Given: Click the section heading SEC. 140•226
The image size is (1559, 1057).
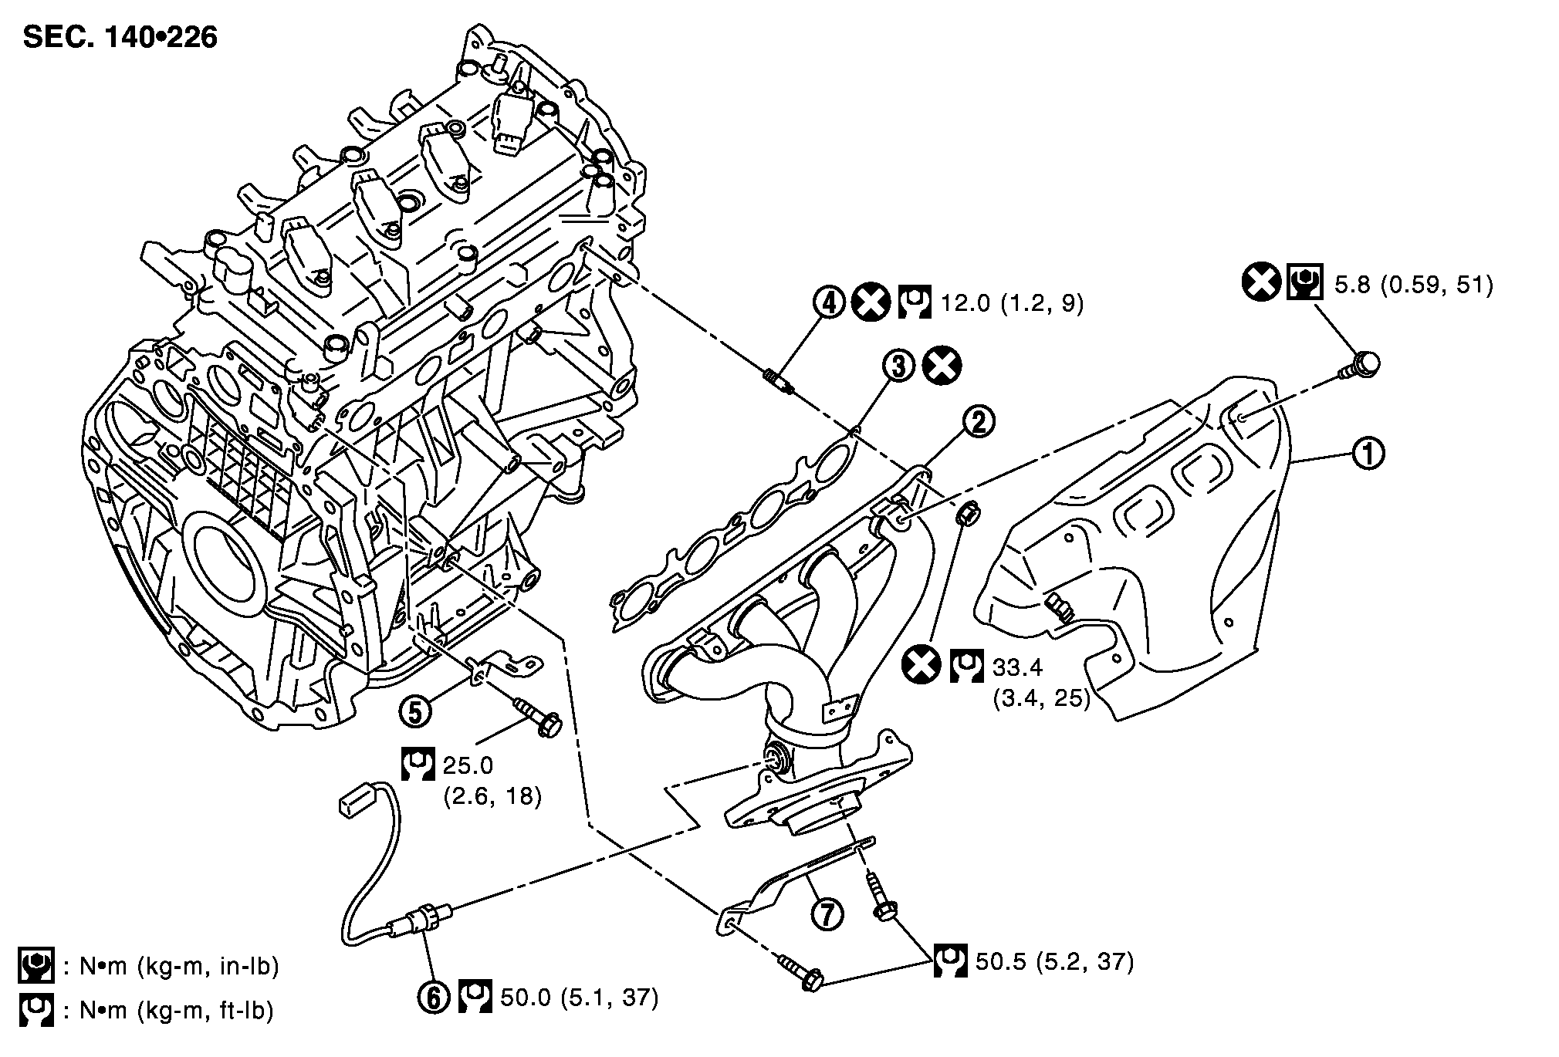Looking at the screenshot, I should click(x=120, y=36).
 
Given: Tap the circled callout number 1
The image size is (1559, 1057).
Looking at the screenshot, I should click(x=1369, y=454).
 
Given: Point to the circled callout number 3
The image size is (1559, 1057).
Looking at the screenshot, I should click(x=899, y=366).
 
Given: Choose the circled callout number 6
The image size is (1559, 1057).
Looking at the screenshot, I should click(x=434, y=998).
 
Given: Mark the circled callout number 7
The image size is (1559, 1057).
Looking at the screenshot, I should click(x=827, y=914).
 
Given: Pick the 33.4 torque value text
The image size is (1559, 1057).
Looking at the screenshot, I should click(x=1017, y=666).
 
